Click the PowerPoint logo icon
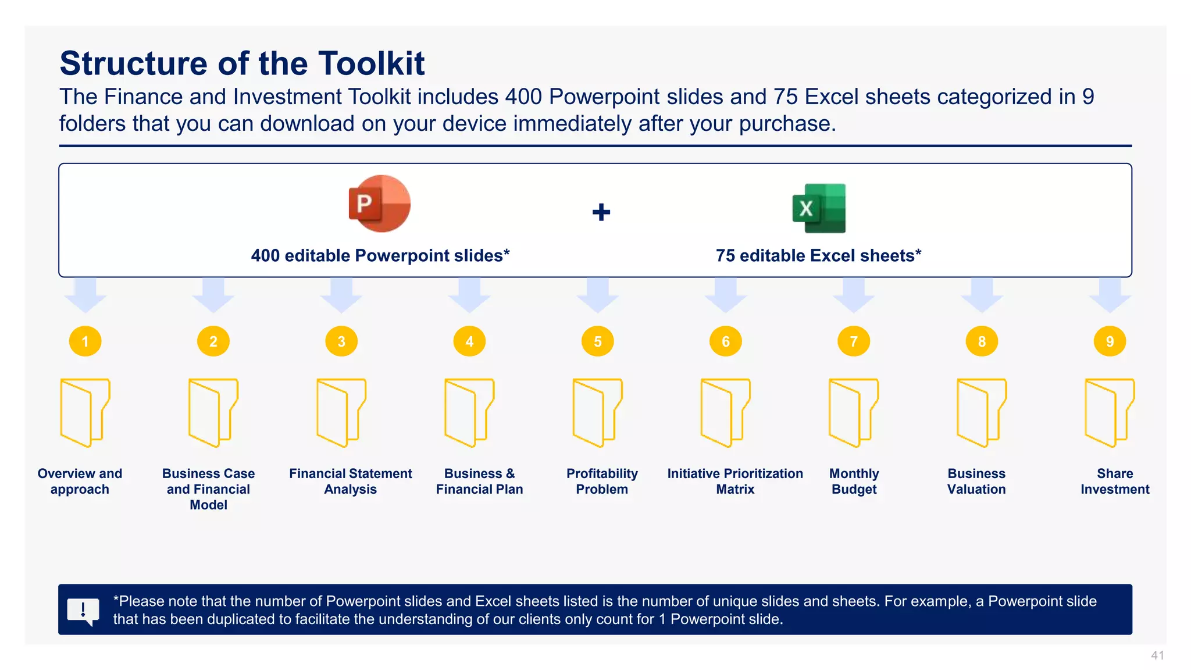click(379, 204)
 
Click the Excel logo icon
click(819, 208)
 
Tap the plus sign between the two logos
click(601, 212)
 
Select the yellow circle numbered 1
click(85, 341)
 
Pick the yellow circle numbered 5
click(597, 341)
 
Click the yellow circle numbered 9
click(1110, 341)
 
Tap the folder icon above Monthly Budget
click(853, 412)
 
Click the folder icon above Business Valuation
click(981, 412)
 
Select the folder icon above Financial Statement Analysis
click(341, 412)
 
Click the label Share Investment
click(1114, 482)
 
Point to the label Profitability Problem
click(602, 482)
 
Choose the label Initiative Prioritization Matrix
click(734, 482)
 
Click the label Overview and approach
click(80, 482)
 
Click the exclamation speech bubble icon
click(83, 611)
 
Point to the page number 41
click(1157, 655)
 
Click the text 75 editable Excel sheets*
click(818, 256)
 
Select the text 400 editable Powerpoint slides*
click(380, 256)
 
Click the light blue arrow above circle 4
click(469, 295)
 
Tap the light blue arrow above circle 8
click(982, 295)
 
